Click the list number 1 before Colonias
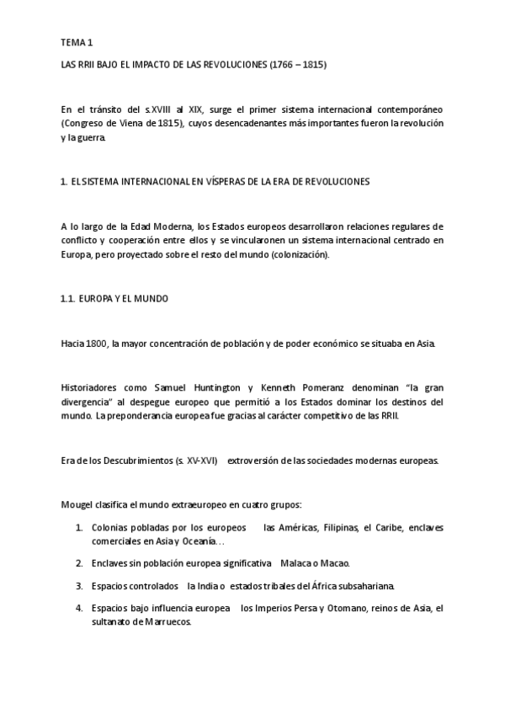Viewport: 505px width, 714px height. (x=78, y=527)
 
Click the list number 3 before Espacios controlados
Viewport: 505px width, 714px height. (x=78, y=585)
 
